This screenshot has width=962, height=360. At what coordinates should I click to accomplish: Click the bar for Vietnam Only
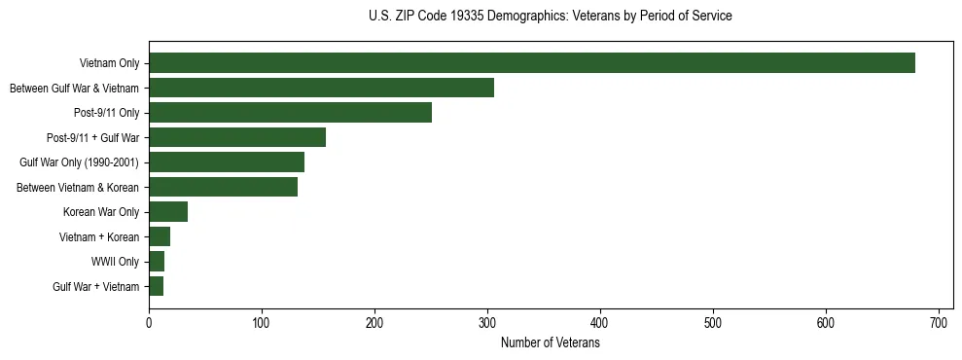click(531, 63)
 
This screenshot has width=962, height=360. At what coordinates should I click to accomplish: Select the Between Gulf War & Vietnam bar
click(321, 88)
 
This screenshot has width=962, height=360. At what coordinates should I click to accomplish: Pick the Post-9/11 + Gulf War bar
click(237, 137)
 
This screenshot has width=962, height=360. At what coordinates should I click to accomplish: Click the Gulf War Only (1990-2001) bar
click(227, 162)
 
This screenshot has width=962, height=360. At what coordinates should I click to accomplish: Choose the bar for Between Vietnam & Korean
click(223, 187)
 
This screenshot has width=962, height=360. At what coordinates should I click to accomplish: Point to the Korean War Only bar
click(168, 212)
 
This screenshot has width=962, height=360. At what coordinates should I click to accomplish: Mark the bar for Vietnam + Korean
click(160, 236)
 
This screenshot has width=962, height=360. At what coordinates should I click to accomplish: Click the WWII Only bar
click(157, 262)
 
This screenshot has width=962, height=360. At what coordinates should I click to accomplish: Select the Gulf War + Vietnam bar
click(156, 286)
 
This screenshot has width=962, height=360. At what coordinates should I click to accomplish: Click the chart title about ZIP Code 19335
click(550, 17)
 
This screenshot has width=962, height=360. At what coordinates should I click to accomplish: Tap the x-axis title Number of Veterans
click(550, 343)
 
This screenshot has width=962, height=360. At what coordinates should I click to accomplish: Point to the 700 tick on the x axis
click(939, 321)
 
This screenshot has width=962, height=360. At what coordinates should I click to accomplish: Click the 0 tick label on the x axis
click(149, 321)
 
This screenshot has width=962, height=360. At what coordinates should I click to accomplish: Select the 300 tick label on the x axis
click(487, 321)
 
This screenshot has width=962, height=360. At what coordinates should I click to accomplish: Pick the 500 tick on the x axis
click(713, 321)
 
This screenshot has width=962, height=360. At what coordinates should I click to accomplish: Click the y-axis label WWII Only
click(115, 262)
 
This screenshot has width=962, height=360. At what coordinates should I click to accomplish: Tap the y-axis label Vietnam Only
click(109, 63)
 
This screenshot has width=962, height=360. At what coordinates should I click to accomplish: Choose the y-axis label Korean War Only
click(101, 212)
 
